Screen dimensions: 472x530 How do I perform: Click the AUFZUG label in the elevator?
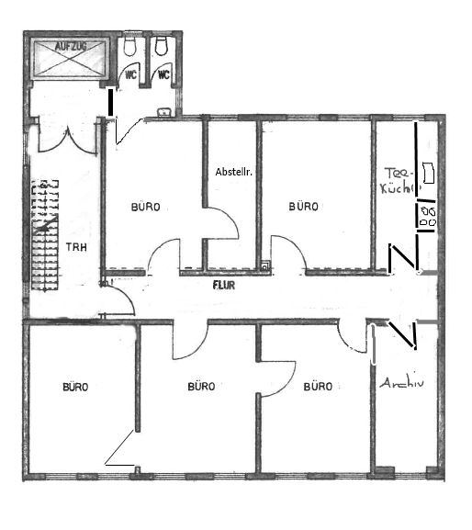point(71,46)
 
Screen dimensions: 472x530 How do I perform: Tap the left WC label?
point(130,74)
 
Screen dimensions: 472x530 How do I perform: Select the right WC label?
point(163,74)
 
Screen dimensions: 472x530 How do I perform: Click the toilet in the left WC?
point(129,46)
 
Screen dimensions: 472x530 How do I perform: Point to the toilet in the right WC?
point(162,46)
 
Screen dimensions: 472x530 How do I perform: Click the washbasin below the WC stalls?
point(164,112)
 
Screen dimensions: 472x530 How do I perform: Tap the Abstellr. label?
point(234,172)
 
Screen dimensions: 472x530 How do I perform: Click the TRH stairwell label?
point(76,247)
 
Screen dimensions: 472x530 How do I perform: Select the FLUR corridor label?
point(224,286)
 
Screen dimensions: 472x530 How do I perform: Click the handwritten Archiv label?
point(401,383)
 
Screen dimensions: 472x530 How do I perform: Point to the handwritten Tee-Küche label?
point(399,181)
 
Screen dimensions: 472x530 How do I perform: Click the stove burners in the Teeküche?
point(428,216)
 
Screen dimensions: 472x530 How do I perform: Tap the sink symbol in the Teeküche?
point(428,173)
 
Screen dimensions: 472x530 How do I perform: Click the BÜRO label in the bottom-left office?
point(75,387)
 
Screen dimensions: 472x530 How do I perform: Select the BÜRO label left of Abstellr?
point(146,207)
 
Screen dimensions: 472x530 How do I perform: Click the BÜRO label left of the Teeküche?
point(303,206)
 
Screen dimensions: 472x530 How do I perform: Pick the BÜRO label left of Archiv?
point(318,386)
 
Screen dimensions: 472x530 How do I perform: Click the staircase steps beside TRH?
point(45,235)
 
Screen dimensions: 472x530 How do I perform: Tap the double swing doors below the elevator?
point(68,136)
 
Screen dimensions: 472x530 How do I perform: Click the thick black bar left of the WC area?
point(110,102)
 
